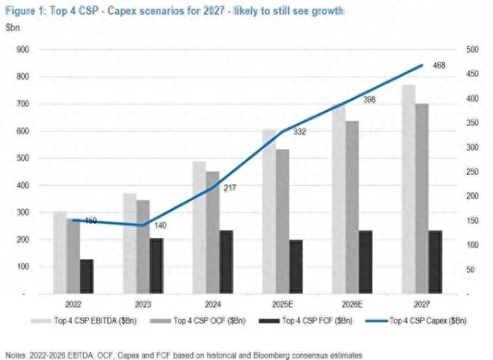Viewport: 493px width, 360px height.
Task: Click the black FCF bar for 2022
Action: point(86,276)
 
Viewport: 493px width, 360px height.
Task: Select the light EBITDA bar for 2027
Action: point(408,190)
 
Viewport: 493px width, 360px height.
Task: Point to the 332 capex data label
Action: point(299,132)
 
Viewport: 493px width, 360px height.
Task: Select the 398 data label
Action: point(369,100)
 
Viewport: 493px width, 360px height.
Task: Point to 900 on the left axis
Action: point(22,49)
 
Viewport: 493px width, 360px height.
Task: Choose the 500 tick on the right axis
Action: point(472,49)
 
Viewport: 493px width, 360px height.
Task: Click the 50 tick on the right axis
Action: point(470,269)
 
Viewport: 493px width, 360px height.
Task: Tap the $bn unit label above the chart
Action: point(13,28)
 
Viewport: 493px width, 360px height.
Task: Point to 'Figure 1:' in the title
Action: point(25,9)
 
